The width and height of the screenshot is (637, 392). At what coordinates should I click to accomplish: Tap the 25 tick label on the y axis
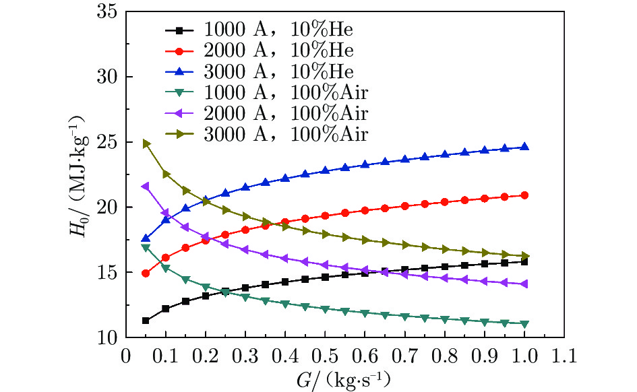click(108, 142)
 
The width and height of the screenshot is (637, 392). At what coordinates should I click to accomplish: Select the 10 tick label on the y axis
click(108, 337)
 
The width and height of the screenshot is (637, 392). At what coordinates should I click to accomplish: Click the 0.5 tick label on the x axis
click(325, 354)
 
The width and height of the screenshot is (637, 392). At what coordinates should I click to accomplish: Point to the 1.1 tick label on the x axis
click(564, 354)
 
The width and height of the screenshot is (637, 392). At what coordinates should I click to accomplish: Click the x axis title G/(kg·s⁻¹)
click(342, 379)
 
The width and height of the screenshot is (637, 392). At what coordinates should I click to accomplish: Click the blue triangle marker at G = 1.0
click(524, 146)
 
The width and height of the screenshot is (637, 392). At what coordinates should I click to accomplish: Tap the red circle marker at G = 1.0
click(524, 195)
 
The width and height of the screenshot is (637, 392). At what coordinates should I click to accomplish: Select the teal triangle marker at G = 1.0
click(524, 324)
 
